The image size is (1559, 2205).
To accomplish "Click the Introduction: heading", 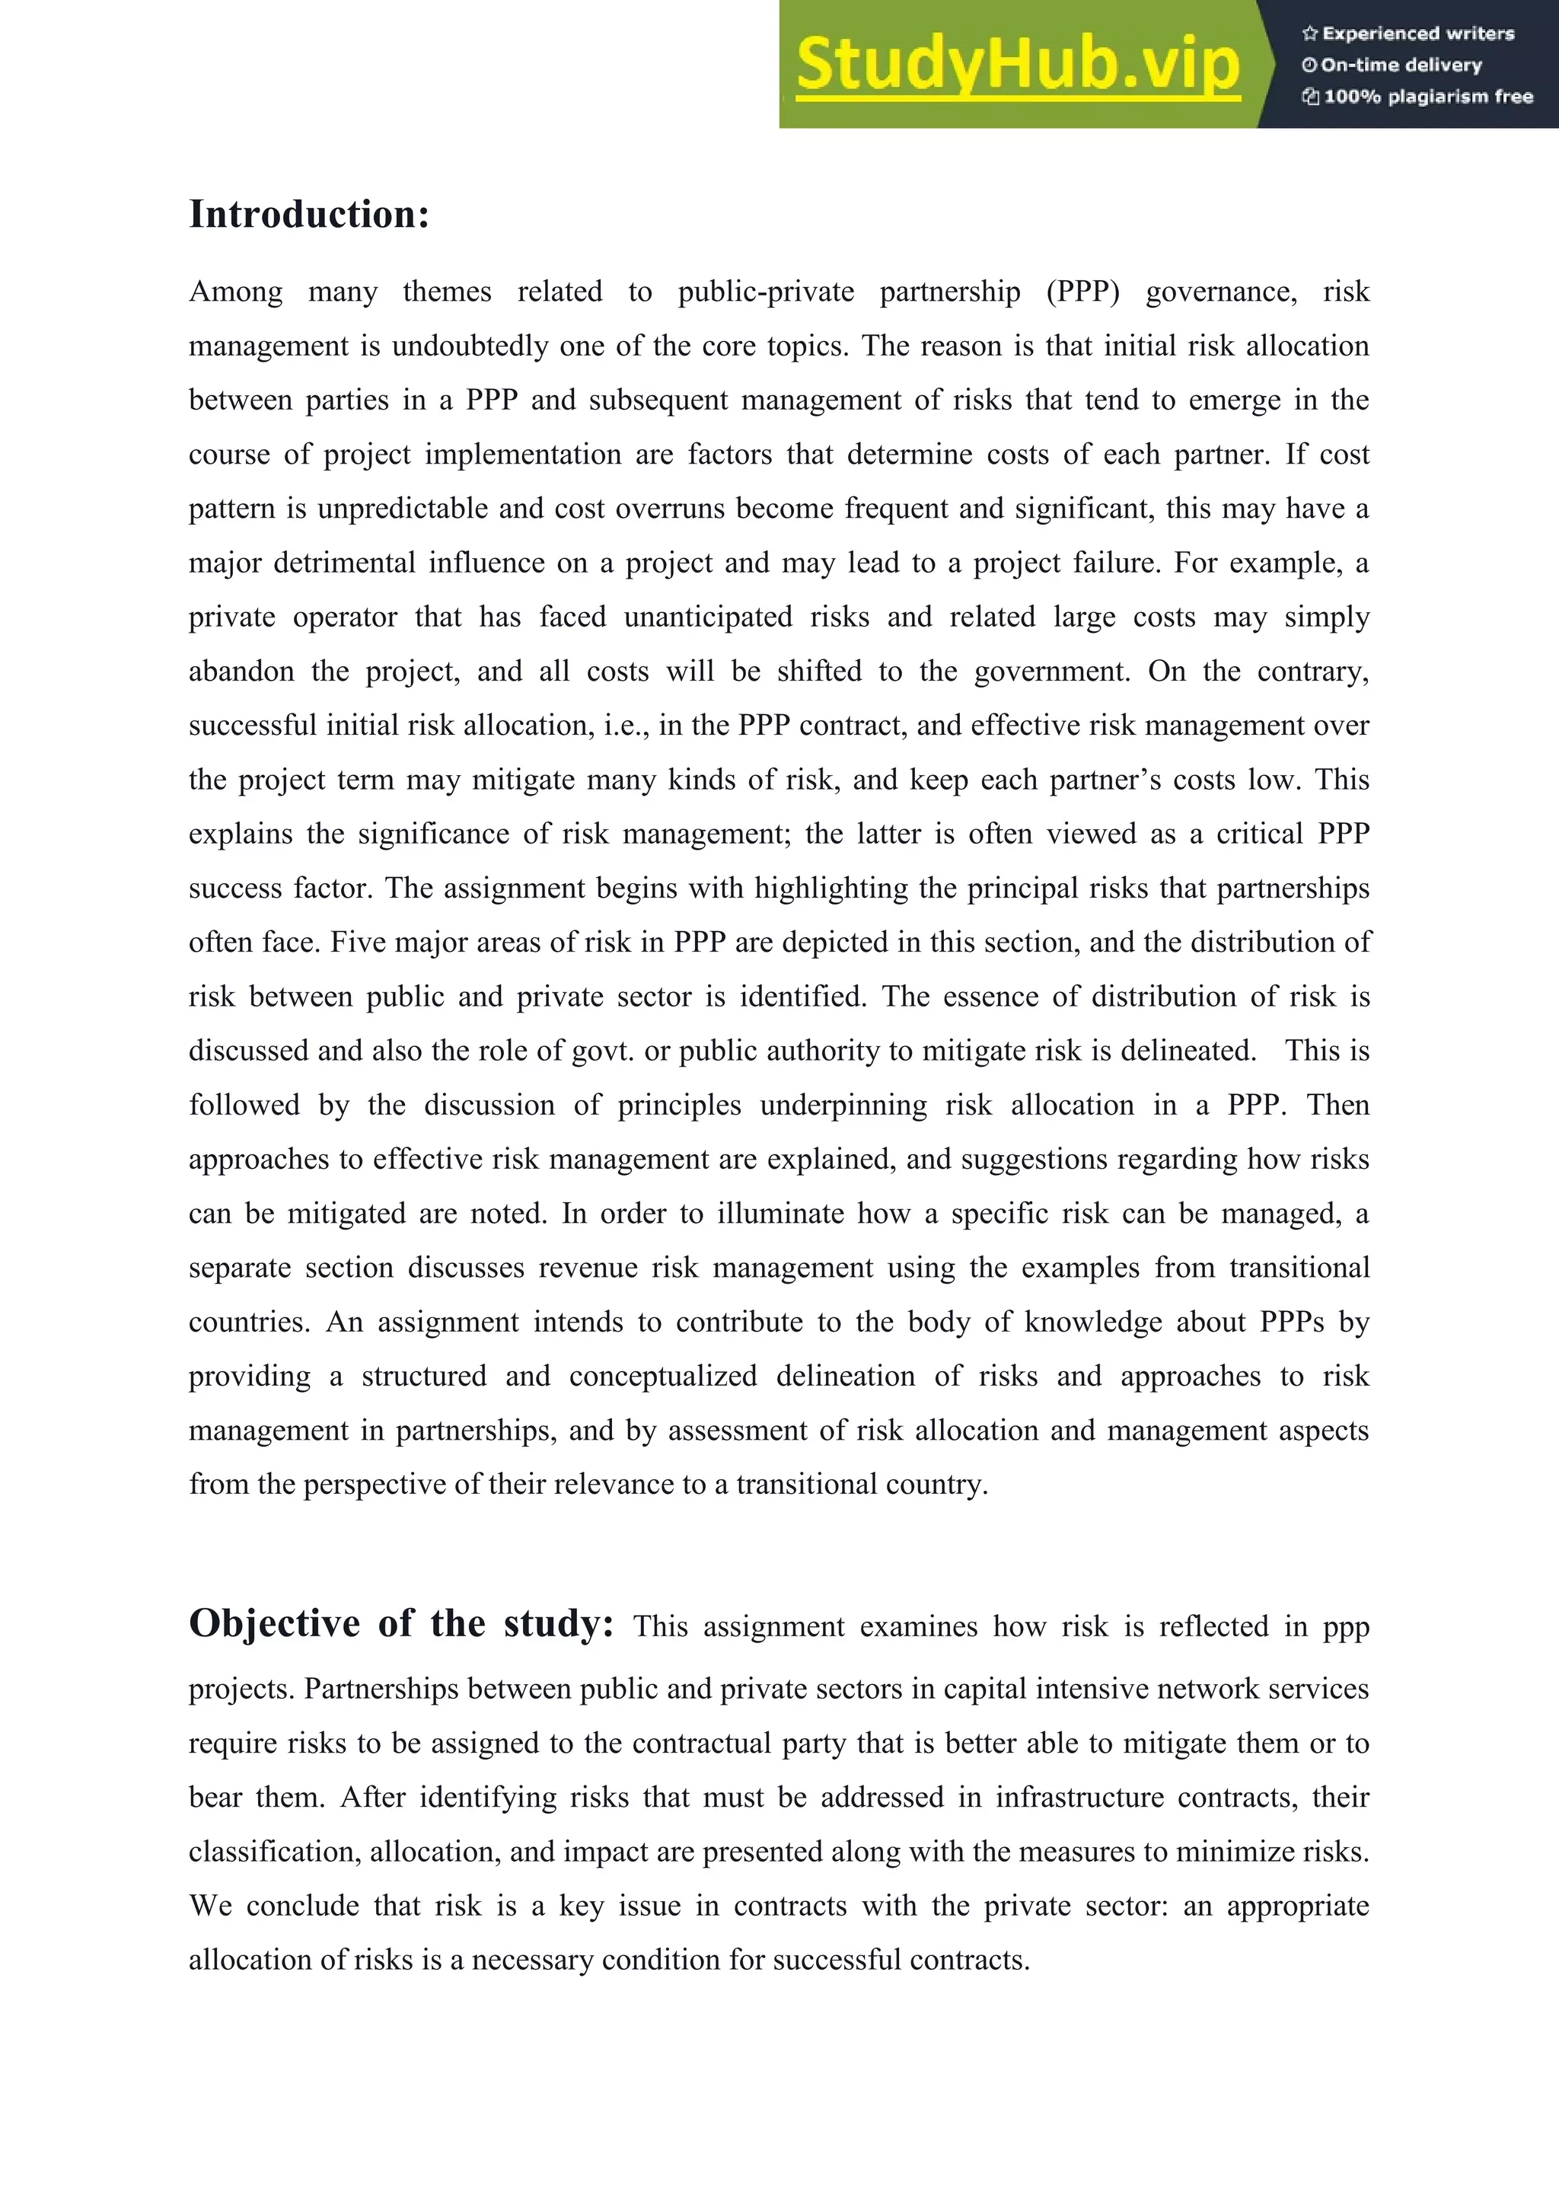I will coord(308,214).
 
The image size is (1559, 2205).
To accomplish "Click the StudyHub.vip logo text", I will coord(1018,65).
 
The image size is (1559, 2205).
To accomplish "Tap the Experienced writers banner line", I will coord(1408,34).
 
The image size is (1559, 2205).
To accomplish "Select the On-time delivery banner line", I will coord(1392,65).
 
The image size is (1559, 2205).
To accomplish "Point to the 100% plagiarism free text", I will coord(1418,97).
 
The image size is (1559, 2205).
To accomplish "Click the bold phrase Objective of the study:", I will coord(401,1623).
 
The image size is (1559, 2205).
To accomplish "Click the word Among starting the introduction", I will coord(235,291).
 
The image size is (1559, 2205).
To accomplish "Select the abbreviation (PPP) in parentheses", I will coord(1083,291).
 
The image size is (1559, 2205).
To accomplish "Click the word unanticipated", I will coord(707,617).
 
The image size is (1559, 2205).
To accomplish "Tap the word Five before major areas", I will coord(357,942).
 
